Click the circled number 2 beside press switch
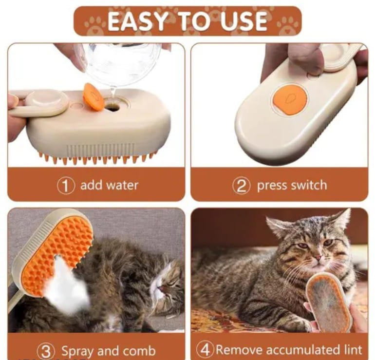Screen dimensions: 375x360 [242, 186]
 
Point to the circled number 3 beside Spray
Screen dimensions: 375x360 [46, 351]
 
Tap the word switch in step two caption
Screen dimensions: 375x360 [309, 185]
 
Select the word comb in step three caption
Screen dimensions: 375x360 [139, 351]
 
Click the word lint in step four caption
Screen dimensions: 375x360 [353, 349]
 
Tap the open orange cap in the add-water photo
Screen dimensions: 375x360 [94, 96]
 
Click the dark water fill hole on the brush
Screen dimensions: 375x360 [112, 108]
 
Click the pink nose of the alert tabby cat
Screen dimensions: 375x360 [318, 258]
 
